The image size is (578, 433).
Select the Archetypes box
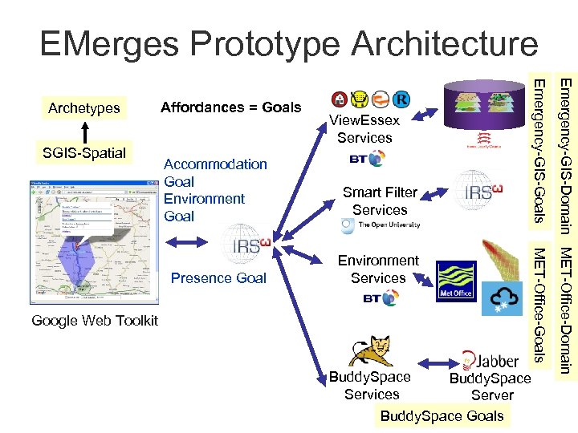coord(83,107)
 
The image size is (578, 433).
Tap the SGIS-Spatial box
coord(83,152)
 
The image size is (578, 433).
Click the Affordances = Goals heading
coord(230,107)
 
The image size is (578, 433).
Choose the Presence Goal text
coord(218,278)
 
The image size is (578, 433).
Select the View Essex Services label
coord(364,129)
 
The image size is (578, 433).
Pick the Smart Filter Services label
coord(380,200)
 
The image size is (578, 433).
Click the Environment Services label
coord(378,269)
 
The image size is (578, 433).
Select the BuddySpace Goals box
coord(442,415)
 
